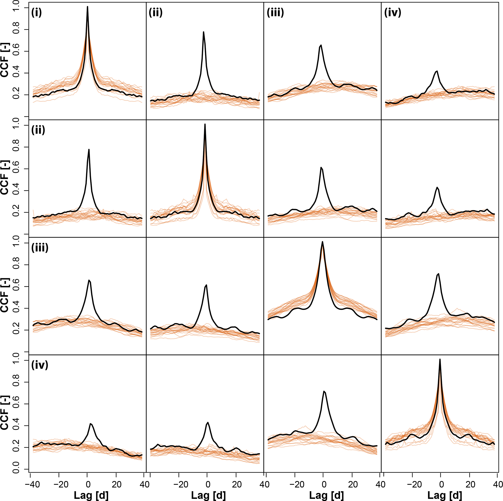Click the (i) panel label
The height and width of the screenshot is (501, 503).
[x=37, y=12]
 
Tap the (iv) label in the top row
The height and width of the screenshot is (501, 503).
[x=393, y=12]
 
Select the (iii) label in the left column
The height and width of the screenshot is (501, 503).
[x=40, y=248]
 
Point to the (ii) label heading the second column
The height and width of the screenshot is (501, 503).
[x=156, y=12]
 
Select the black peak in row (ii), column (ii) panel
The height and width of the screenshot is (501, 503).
[x=205, y=124]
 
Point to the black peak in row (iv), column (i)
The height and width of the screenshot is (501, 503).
[x=91, y=424]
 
